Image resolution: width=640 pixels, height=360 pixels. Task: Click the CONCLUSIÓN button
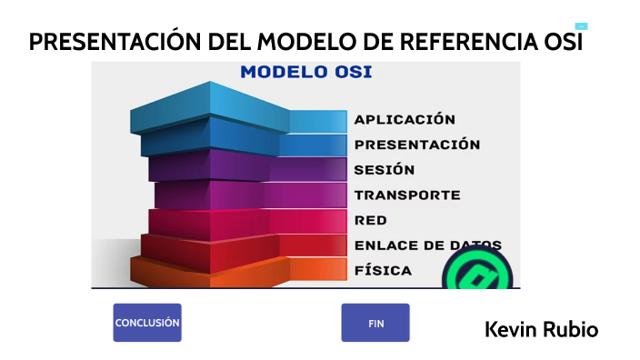click(147, 323)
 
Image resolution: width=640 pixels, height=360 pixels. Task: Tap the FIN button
click(375, 323)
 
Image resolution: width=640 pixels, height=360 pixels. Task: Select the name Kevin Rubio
click(541, 329)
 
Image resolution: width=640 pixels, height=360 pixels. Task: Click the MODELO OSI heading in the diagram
click(305, 73)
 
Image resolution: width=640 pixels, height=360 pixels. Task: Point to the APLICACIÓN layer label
click(405, 119)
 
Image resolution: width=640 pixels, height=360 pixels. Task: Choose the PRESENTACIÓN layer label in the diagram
click(417, 145)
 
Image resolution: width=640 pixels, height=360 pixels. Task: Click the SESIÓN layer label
click(385, 170)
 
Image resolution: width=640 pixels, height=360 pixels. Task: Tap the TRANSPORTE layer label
click(407, 195)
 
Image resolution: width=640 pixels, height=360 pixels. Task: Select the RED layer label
click(371, 220)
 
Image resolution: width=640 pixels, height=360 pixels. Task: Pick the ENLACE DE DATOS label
click(427, 245)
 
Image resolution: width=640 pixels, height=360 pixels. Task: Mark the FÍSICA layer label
click(383, 270)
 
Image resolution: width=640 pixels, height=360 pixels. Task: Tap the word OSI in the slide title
click(562, 43)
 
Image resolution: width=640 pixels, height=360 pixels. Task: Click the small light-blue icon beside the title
click(581, 26)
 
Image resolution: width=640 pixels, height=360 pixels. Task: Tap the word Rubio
click(570, 329)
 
